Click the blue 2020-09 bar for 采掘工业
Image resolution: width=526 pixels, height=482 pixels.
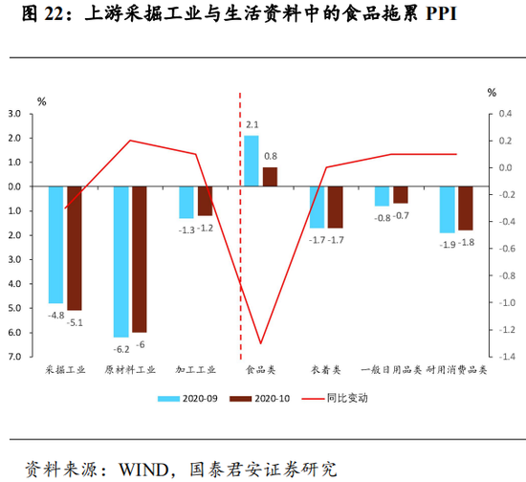(55, 245)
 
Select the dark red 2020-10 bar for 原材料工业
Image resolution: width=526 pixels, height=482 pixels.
(140, 259)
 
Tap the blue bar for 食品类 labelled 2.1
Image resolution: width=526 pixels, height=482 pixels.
(251, 161)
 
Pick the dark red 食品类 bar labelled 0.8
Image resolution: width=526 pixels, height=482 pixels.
(270, 177)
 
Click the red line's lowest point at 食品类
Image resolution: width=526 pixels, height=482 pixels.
(260, 343)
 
